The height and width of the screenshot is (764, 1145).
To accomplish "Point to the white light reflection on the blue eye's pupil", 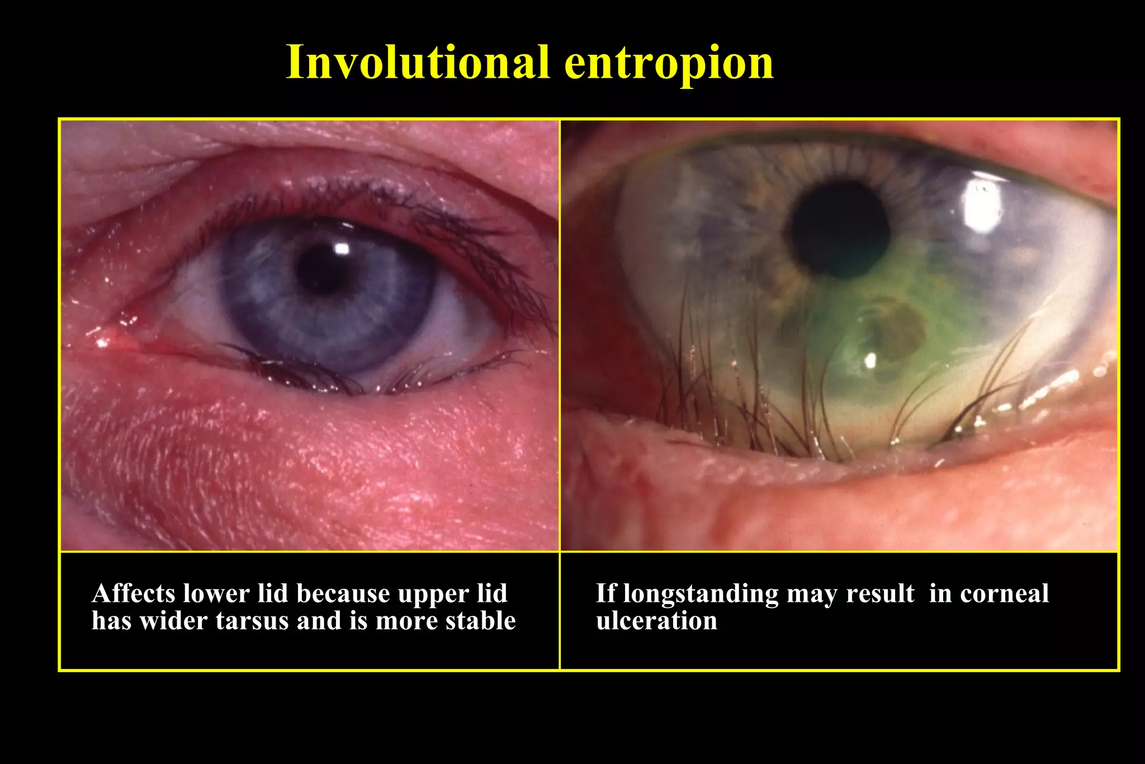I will (340, 248).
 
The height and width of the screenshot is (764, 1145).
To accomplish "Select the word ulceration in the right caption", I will (656, 621).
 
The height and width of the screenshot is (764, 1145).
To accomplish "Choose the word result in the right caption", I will (880, 593).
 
